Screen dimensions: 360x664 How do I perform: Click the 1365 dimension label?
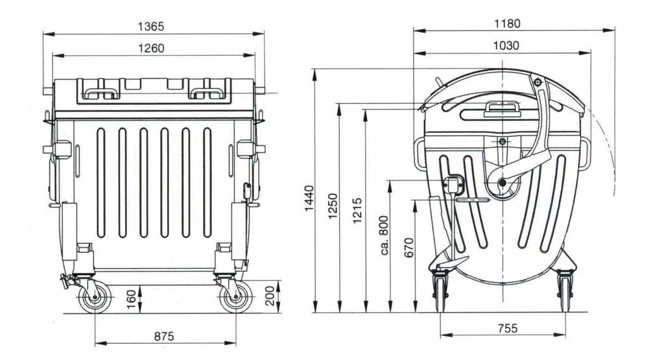[x=151, y=27]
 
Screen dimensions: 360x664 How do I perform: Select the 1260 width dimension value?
[x=151, y=48]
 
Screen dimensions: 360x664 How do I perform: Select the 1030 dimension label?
[x=506, y=45]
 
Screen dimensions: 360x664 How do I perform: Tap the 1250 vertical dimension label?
[x=333, y=206]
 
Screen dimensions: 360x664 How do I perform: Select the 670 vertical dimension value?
[x=409, y=248]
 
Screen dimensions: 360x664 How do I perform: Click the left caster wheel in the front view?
[x=93, y=299]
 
